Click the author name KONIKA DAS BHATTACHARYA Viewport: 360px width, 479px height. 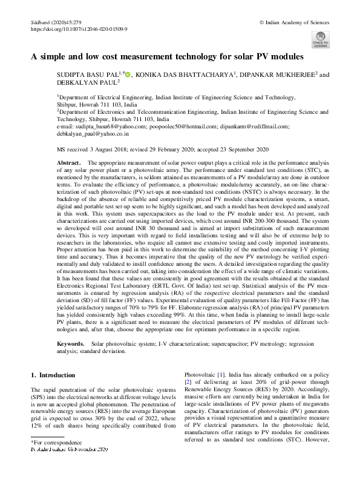click(183, 75)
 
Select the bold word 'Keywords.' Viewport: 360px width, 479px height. click(71, 343)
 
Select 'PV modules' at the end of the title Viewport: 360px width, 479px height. click(280, 56)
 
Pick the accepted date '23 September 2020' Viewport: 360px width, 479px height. click(248, 148)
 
